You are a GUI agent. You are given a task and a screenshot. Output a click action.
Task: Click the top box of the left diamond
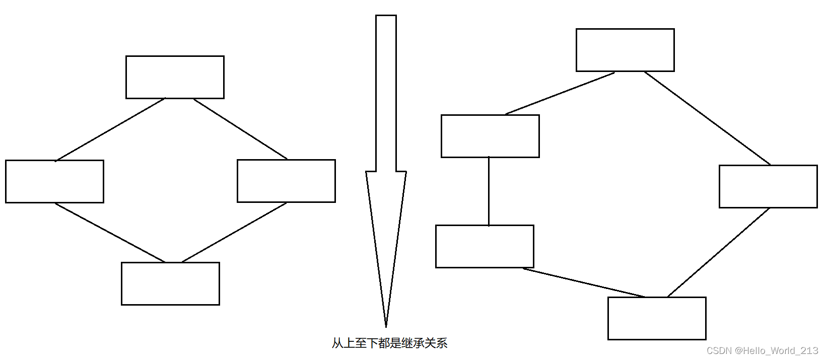pos(175,77)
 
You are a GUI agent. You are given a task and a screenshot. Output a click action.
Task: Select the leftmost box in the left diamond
pos(54,181)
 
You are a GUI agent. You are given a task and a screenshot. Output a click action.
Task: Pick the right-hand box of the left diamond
pos(286,181)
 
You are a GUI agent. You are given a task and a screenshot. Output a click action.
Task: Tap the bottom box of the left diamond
pos(170,283)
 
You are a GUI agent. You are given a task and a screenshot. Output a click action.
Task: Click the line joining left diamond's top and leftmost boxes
pos(110,129)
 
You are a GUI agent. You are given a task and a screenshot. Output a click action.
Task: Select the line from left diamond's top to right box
pos(241,129)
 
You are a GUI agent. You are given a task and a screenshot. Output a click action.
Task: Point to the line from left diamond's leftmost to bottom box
pos(110,232)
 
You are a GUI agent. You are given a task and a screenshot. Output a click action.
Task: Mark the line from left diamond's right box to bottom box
pos(234,232)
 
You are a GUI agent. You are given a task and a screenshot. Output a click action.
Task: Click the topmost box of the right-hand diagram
pos(625,50)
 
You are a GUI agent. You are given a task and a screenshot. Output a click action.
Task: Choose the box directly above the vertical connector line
pos(490,136)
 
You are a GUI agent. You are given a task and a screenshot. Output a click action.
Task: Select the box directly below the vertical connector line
pos(485,246)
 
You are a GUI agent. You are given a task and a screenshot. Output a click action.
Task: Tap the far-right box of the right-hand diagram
pos(768,186)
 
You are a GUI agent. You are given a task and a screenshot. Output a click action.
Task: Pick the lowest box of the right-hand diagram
pos(657,318)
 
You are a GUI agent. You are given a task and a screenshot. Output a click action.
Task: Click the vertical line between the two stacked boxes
pos(489,191)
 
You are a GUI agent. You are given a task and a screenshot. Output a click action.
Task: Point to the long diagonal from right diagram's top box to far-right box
pos(707,118)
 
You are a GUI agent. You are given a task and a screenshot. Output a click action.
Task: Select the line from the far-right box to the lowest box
pos(719,252)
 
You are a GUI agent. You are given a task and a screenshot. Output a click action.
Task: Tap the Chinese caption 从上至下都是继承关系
pos(389,343)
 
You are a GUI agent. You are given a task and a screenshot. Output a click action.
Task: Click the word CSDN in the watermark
pos(719,350)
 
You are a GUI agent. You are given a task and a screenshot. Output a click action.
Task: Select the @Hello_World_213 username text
pos(776,350)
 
